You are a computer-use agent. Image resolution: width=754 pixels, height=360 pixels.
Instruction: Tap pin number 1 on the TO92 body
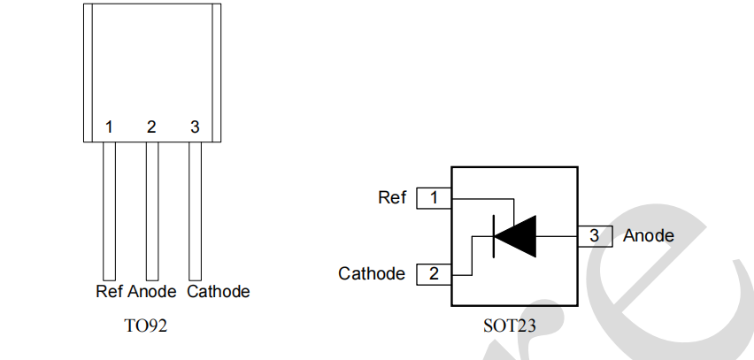(x=109, y=127)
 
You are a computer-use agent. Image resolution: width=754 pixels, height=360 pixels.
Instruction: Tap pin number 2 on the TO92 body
(x=151, y=127)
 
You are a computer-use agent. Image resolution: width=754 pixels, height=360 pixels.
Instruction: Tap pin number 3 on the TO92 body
(x=195, y=127)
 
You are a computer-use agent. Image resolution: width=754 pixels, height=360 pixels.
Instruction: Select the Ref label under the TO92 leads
(x=110, y=291)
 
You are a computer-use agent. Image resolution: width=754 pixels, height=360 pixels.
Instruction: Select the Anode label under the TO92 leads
(x=153, y=291)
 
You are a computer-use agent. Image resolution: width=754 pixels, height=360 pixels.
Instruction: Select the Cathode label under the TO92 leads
(x=219, y=291)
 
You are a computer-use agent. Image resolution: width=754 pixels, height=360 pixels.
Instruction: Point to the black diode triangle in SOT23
(x=517, y=236)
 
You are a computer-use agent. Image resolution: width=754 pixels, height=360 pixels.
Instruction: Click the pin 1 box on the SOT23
(x=434, y=198)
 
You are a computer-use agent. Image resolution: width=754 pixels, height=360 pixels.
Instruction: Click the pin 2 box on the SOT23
(x=434, y=274)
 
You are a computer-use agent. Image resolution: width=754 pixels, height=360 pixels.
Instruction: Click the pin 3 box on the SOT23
(x=595, y=236)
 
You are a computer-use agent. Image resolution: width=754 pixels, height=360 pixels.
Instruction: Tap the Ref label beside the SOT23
(x=391, y=198)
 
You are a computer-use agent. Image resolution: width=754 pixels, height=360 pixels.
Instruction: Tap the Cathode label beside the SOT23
(x=372, y=274)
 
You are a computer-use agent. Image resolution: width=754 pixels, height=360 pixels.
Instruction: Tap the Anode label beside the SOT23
(x=649, y=236)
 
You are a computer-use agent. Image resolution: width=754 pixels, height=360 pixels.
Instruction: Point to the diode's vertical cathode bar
(x=493, y=236)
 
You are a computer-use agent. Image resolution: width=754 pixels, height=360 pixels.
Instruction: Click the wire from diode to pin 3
(x=558, y=236)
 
